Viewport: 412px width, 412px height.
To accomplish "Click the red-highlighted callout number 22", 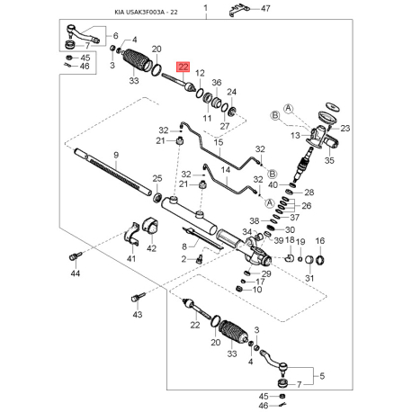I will coord(184,67).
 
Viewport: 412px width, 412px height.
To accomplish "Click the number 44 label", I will coord(76,273).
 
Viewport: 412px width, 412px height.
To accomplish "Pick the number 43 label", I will coord(138,316).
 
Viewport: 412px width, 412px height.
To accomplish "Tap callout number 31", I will coord(310,278).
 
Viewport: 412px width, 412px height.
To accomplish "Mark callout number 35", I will coord(328,162).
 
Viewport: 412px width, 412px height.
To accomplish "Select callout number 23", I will coord(346,129).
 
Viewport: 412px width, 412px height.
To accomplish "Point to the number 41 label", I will coord(130,259).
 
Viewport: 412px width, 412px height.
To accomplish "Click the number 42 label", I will coord(151,249).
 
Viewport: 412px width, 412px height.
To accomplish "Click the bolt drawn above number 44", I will coord(73,255).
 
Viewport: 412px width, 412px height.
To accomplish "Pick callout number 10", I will coord(257,290).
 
